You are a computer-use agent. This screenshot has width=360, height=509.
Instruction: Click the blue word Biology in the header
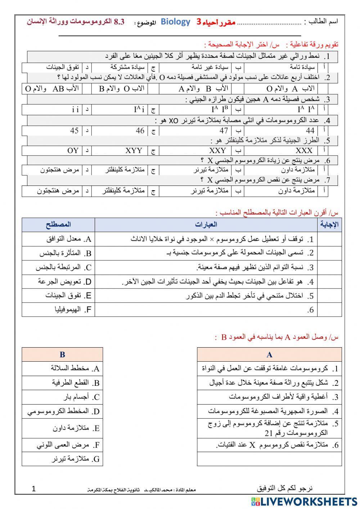coord(175,22)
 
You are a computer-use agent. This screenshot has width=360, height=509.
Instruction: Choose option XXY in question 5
coord(217,151)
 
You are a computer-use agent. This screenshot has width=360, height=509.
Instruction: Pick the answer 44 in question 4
coord(310,131)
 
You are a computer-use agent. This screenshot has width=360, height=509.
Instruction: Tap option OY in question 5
coord(73,151)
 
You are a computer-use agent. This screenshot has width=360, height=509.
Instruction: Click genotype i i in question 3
coord(75,110)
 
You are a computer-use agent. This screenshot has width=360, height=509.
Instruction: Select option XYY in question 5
coord(134,151)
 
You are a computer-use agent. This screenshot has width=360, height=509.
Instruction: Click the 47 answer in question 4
coord(224,131)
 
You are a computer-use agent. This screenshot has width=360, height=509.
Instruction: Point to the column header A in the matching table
coord(270,355)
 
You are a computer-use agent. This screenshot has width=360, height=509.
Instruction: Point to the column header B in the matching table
coord(62,355)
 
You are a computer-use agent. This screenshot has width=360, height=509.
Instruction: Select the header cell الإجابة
coord(329,225)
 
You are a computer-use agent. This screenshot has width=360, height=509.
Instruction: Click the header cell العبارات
coord(206,225)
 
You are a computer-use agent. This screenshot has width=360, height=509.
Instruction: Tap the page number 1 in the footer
coord(34,489)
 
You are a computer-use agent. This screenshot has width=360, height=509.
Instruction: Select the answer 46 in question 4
coord(140,131)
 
